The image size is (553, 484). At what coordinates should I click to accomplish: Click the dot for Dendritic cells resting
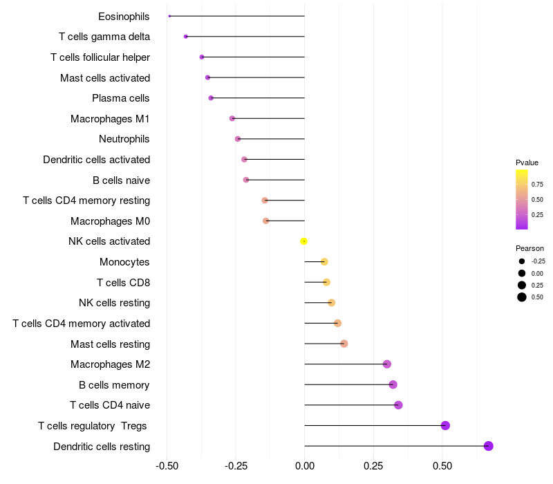pyautogui.click(x=489, y=446)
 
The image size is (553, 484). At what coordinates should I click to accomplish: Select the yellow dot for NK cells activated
pyautogui.click(x=303, y=241)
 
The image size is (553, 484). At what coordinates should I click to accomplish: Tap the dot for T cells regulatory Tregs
pyautogui.click(x=445, y=425)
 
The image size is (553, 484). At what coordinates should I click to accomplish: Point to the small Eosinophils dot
pyautogui.click(x=169, y=16)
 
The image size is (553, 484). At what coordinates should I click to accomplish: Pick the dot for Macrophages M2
pyautogui.click(x=387, y=364)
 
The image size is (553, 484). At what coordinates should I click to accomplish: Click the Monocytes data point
pyautogui.click(x=324, y=262)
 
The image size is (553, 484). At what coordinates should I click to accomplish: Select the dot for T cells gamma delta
pyautogui.click(x=186, y=37)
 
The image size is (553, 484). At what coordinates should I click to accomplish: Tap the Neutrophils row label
pyautogui.click(x=124, y=139)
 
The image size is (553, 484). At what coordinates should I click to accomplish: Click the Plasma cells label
pyautogui.click(x=121, y=98)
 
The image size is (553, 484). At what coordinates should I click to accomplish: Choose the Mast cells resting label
pyautogui.click(x=111, y=344)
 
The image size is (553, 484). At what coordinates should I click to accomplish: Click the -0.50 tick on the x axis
pyautogui.click(x=167, y=466)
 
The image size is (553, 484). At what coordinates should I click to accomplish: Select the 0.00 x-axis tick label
pyautogui.click(x=305, y=466)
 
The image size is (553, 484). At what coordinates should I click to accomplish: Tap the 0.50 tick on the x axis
pyautogui.click(x=442, y=466)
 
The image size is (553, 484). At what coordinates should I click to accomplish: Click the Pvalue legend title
pyautogui.click(x=527, y=162)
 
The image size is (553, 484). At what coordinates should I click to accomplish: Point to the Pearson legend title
pyautogui.click(x=529, y=248)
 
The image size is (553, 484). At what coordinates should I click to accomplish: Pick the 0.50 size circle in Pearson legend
pyautogui.click(x=522, y=297)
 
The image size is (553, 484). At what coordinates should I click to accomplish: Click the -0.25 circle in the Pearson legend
pyautogui.click(x=522, y=261)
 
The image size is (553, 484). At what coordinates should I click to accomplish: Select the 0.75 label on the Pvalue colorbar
pyautogui.click(x=537, y=185)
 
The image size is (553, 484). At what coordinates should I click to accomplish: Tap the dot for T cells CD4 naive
pyautogui.click(x=398, y=405)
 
